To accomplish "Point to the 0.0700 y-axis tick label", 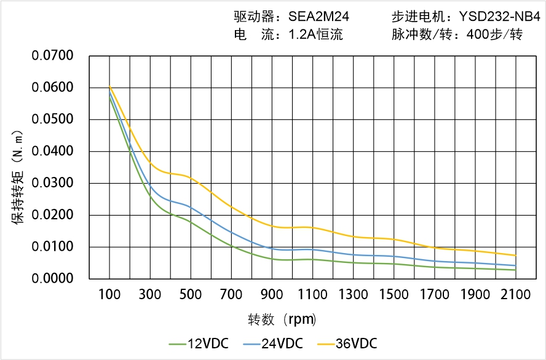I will coord(52,57).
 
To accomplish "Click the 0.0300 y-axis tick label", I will coord(52,183).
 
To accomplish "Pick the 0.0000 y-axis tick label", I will coord(52,279).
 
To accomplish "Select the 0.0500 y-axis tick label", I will coord(52,119).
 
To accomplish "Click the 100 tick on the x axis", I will coord(109,295).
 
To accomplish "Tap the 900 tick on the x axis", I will coord(272,295).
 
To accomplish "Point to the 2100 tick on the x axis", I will coord(515,295).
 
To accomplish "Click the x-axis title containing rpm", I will coord(282,319).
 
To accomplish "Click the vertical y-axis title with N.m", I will coord(18,178).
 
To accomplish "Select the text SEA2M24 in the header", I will coord(319,17).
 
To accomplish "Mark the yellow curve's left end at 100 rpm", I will coord(109,86).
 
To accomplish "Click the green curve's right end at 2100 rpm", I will coord(515,270).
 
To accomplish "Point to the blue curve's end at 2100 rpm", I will coord(515,265).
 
